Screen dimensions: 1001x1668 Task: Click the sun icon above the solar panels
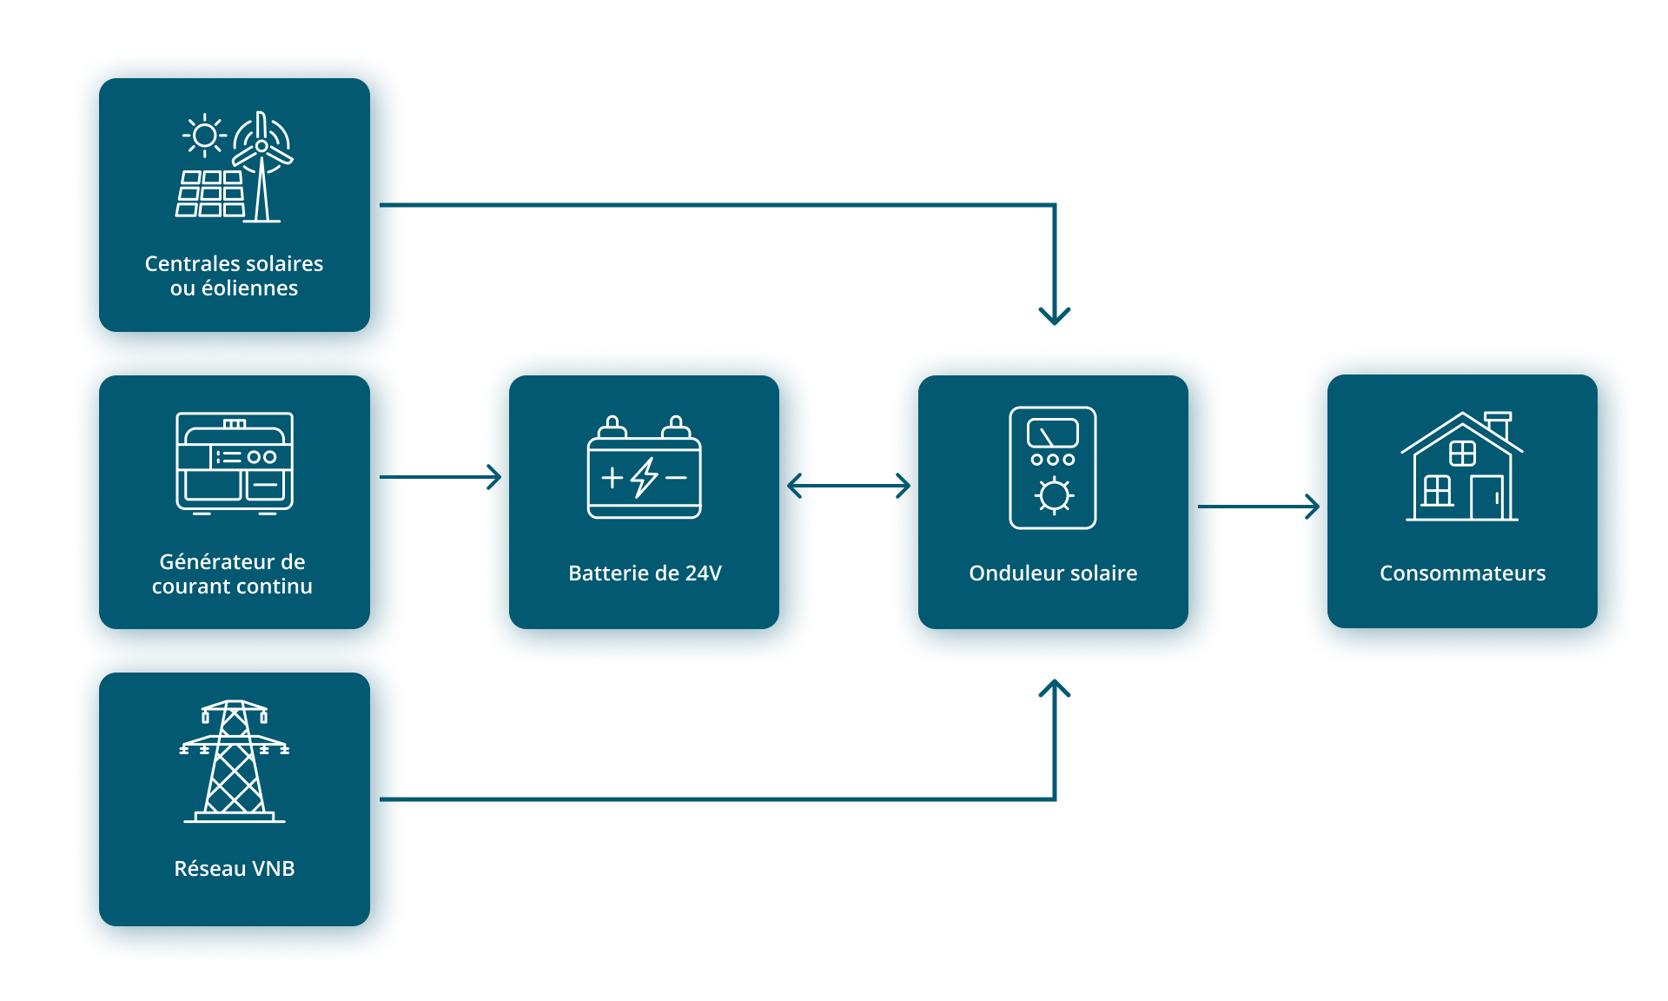[205, 136]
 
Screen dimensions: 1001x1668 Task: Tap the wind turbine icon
[261, 165]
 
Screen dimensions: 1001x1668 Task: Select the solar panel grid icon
[211, 194]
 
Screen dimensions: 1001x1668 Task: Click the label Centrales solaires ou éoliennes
[234, 275]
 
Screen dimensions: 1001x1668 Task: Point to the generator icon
[235, 463]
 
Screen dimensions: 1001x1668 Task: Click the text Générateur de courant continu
[232, 573]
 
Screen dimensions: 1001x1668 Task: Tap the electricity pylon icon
[235, 761]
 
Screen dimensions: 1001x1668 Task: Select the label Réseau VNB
[235, 868]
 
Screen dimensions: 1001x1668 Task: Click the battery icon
[644, 468]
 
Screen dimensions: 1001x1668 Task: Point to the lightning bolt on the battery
[645, 477]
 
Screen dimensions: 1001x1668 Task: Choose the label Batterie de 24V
[645, 573]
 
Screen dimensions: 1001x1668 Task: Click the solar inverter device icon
[1053, 467]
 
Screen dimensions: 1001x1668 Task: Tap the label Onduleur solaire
[1053, 573]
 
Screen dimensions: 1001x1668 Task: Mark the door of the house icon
[1487, 498]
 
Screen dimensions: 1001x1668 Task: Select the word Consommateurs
[1462, 573]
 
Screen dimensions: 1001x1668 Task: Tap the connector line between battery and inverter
[853, 486]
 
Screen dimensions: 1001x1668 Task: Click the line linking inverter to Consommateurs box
[1263, 506]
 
